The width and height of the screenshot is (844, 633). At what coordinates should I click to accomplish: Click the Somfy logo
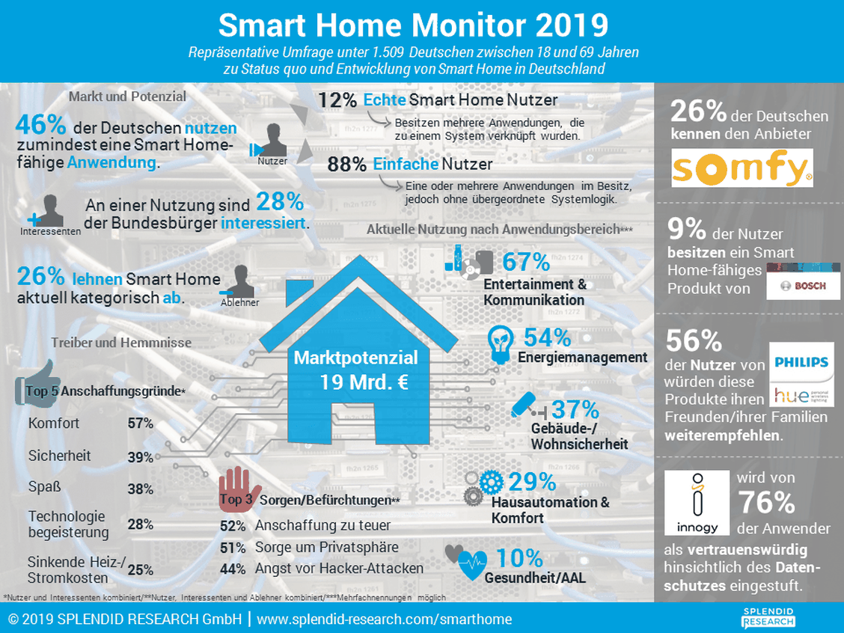click(742, 168)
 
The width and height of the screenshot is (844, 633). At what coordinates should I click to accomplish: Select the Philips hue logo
click(801, 374)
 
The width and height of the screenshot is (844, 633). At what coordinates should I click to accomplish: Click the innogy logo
click(697, 503)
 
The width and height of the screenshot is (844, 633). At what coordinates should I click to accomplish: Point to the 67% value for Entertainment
click(526, 262)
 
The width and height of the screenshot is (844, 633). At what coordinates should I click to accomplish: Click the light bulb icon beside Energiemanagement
click(500, 344)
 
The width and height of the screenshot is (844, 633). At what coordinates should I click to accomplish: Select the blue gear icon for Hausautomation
click(491, 483)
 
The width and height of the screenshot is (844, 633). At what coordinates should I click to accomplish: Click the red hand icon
click(238, 488)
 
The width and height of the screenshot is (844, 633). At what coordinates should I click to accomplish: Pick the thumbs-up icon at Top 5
click(37, 383)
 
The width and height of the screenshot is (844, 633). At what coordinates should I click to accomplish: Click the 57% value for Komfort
click(141, 423)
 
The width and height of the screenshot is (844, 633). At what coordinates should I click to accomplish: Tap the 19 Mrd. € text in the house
click(364, 382)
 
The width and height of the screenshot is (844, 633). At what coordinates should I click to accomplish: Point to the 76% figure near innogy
click(766, 503)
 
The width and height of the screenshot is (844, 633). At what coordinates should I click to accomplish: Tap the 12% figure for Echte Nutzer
click(337, 100)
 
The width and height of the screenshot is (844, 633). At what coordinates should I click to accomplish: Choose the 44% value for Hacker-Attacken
click(233, 569)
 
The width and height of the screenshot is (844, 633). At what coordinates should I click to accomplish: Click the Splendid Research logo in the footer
click(768, 618)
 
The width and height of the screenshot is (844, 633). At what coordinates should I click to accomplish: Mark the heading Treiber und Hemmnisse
click(121, 343)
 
